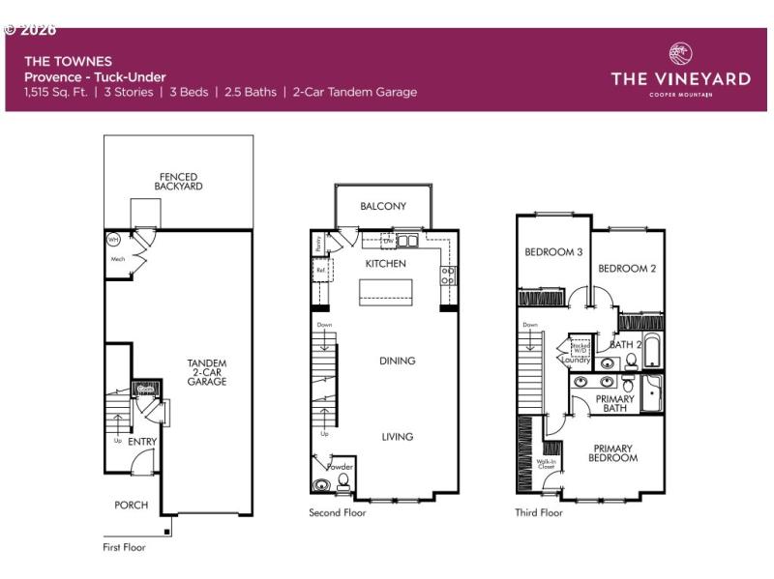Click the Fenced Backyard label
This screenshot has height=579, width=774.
178,182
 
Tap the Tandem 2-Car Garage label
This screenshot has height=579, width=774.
207,372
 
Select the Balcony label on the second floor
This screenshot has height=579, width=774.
383,206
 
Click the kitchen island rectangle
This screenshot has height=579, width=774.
386,292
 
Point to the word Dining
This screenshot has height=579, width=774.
397,361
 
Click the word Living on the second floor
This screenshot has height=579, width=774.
397,437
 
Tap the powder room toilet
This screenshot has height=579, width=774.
342,480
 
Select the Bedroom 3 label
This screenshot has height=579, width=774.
553,252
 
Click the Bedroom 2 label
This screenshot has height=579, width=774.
627,269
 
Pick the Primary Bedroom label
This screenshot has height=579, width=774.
613,453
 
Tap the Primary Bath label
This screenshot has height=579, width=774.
614,403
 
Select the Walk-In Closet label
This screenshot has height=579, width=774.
547,463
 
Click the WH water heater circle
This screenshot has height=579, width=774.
112,239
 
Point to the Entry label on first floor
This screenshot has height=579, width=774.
142,442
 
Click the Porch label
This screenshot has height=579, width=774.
131,505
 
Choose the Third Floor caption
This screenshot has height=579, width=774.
538,513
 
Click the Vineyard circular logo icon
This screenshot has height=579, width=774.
680,54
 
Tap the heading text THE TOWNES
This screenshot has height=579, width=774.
56,61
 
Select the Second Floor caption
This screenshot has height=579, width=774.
338,513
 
